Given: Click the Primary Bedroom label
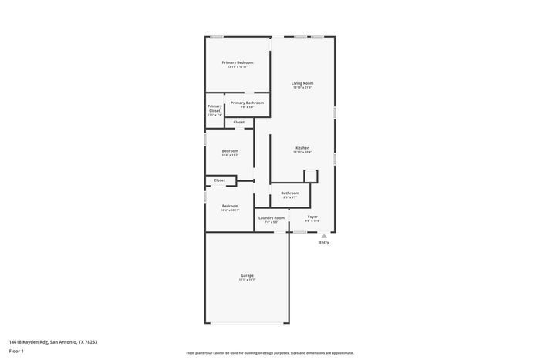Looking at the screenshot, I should [x=237, y=62].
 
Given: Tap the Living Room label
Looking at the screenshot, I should [x=302, y=83].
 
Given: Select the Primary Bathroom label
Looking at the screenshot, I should [x=247, y=103].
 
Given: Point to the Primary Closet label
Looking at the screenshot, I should [x=214, y=109].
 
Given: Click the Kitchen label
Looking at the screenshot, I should [x=302, y=147].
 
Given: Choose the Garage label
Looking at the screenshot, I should [x=247, y=275].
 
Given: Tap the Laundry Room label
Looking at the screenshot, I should [x=271, y=217].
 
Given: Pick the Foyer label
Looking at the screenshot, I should [x=312, y=217].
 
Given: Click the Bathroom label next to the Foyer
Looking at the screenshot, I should [x=290, y=193].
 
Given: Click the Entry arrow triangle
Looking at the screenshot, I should [x=324, y=235].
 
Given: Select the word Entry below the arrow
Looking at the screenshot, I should [x=324, y=243].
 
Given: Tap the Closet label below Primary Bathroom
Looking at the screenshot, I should [x=239, y=122].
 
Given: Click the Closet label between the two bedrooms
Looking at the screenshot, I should [x=220, y=180].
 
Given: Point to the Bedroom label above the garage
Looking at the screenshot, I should [x=230, y=206].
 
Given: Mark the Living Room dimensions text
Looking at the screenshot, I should [x=302, y=88].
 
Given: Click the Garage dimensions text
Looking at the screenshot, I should [x=247, y=280].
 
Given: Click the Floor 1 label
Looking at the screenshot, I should [x=16, y=351].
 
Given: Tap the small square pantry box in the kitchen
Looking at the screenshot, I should [x=310, y=176].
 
